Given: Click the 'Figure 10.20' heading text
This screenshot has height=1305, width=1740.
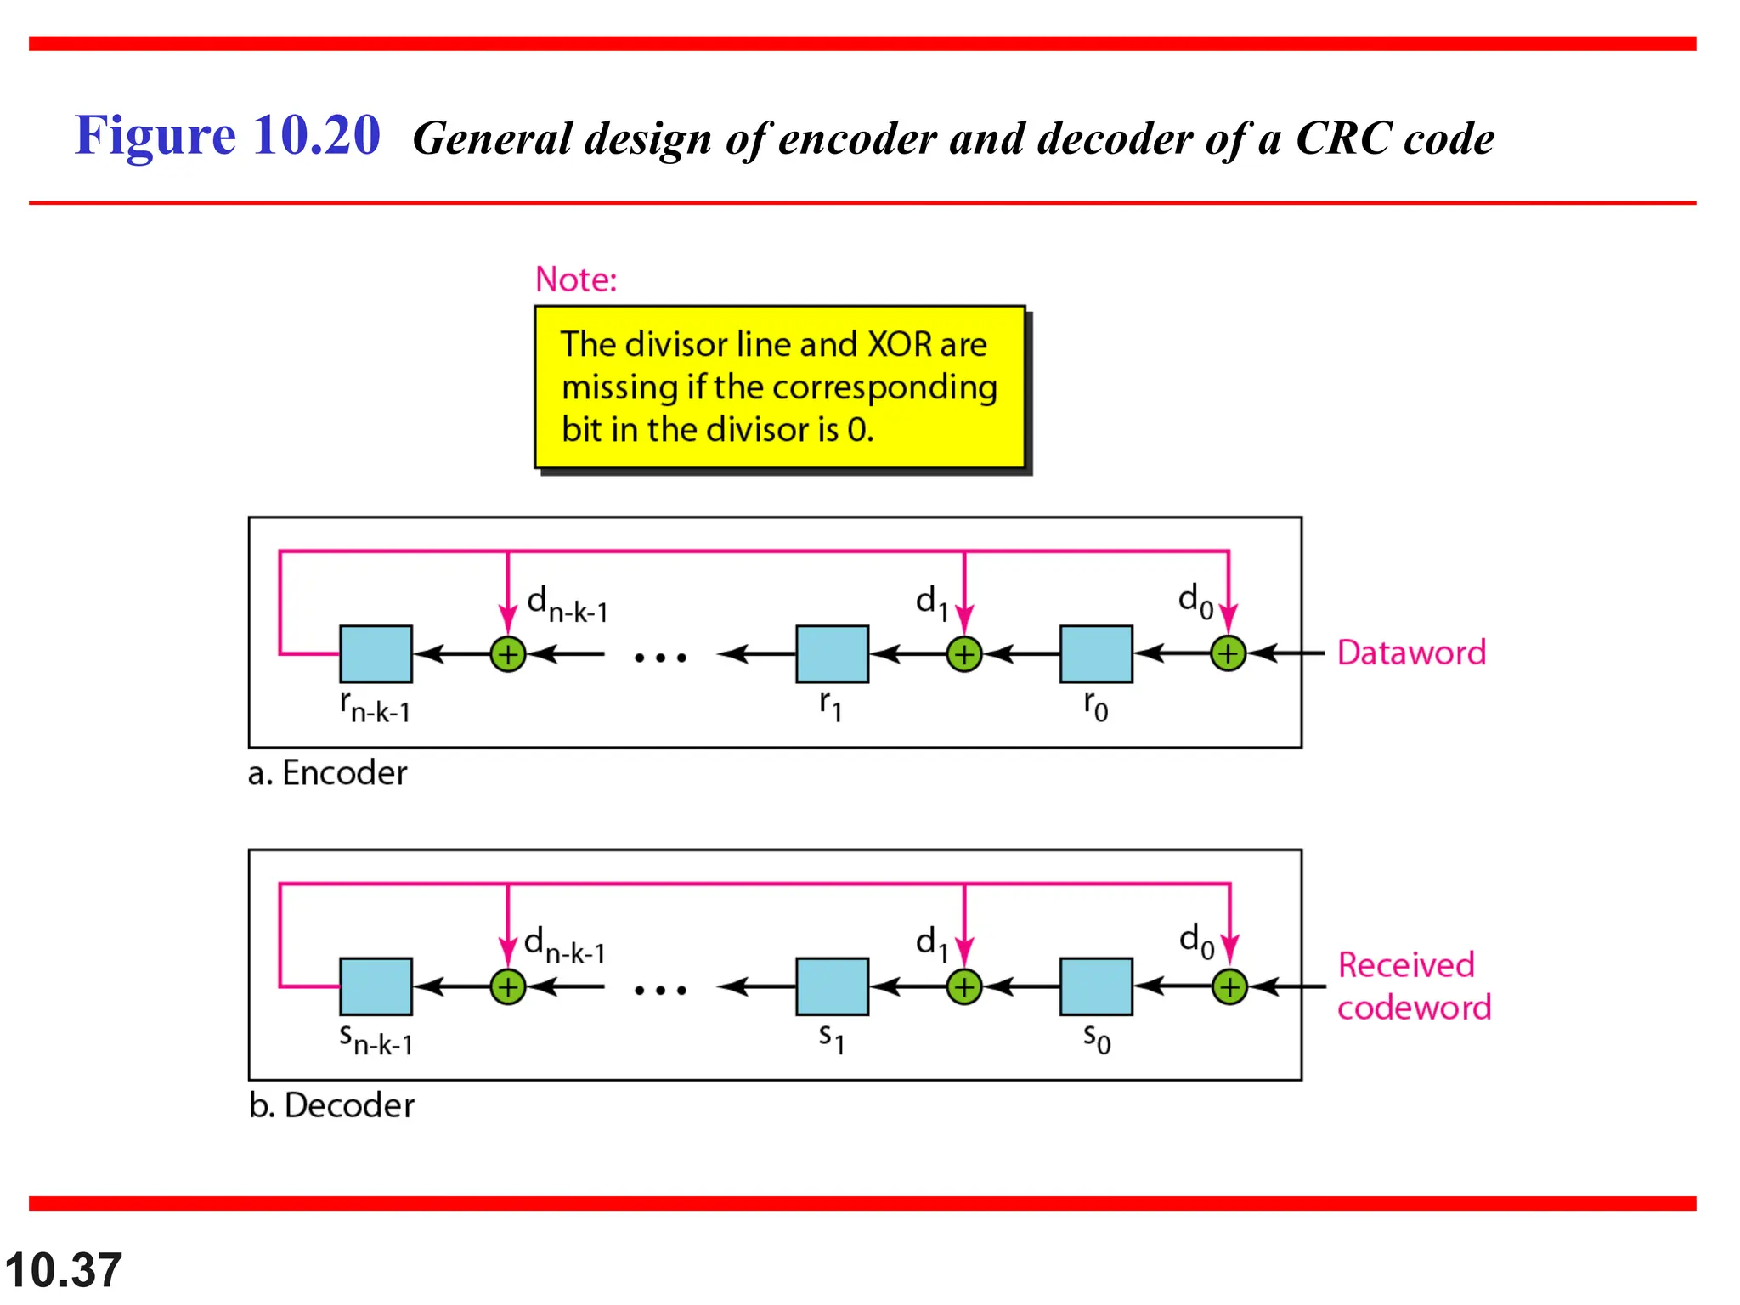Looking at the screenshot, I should point(227,136).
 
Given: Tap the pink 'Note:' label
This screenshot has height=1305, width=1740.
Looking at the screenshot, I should point(575,280).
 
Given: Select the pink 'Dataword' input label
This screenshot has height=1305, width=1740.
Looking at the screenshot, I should point(1410,652).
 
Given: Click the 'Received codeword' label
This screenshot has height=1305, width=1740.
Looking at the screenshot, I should point(1413,986).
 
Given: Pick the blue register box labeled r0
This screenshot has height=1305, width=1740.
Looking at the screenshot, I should point(1095,653).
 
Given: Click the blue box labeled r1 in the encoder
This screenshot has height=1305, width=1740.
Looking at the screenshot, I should point(832,653).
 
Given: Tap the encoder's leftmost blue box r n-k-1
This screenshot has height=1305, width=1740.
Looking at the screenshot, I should point(376,653).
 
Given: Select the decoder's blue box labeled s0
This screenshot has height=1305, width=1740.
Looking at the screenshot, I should point(1095,986).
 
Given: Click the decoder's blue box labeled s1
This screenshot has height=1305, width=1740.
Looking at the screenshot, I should point(832,986).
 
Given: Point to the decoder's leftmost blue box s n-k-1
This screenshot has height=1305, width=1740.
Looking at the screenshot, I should point(376,986).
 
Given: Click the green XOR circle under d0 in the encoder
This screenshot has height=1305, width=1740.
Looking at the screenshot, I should point(1228,653).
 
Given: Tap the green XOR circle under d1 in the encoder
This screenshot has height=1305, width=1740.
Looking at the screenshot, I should point(963,654).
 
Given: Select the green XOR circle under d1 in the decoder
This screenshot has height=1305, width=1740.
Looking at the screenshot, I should point(963,987).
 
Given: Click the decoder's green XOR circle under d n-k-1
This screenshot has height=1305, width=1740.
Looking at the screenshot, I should point(507,987).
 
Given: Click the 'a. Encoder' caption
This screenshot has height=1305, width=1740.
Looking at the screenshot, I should point(327,773).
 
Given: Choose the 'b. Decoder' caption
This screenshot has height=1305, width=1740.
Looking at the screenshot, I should point(331,1105).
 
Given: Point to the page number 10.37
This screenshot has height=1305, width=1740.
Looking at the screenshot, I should point(64,1270).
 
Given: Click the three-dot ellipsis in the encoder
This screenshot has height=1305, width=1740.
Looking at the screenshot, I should point(660,657).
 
